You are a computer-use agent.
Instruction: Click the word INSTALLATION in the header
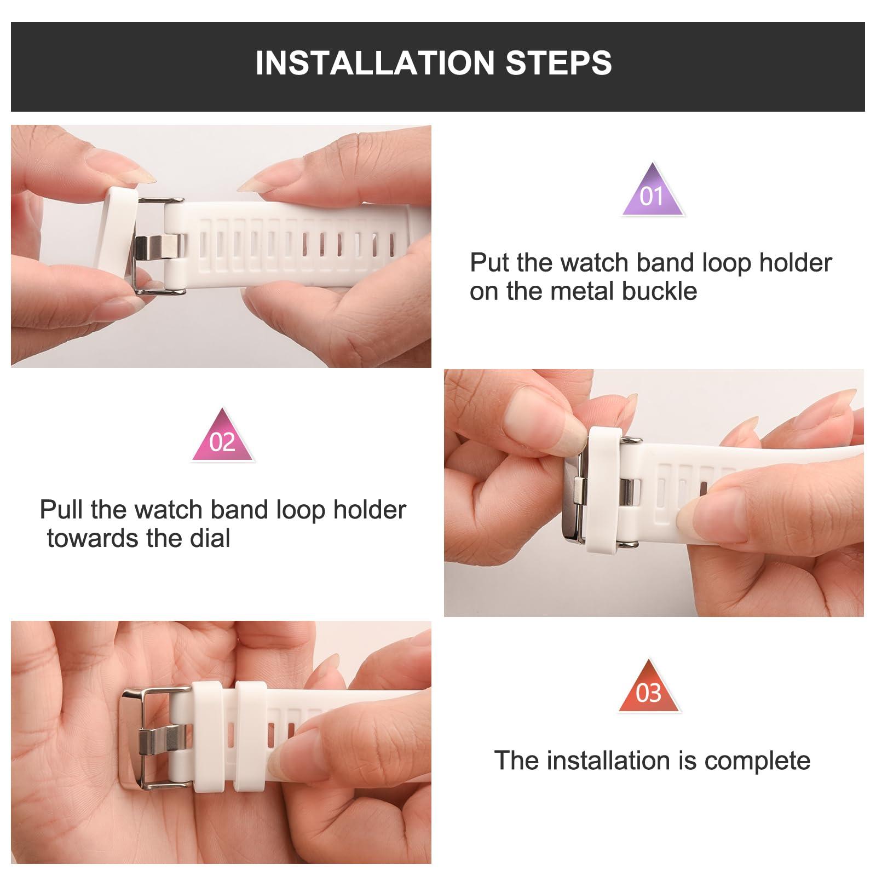pyautogui.click(x=376, y=62)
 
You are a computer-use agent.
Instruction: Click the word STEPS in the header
pyautogui.click(x=558, y=62)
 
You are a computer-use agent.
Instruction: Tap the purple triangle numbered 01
pyautogui.click(x=652, y=192)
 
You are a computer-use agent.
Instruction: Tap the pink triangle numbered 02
pyautogui.click(x=222, y=438)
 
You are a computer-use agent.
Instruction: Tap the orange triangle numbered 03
pyautogui.click(x=649, y=690)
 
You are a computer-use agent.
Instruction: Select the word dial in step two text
pyautogui.click(x=210, y=539)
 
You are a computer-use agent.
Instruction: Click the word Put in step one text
pyautogui.click(x=489, y=263)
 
